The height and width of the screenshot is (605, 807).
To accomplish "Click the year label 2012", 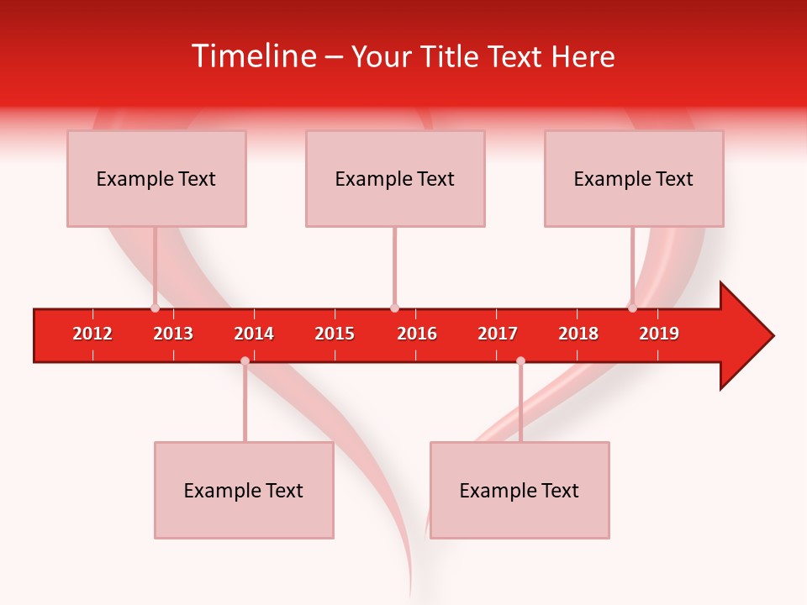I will click(92, 334).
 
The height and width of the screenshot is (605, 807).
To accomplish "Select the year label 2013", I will click(173, 334).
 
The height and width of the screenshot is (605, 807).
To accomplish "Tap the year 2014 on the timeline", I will click(254, 334).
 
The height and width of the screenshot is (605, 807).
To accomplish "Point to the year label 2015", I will click(335, 334).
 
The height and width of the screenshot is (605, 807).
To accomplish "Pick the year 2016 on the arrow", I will click(417, 334).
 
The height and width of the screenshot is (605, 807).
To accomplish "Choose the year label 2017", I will click(498, 334).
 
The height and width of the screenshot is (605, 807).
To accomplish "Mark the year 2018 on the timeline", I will click(578, 334).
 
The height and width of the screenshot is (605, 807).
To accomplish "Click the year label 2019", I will click(659, 334).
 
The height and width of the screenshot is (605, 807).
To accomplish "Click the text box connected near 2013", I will click(156, 179).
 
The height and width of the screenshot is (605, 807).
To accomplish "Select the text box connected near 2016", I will click(395, 179).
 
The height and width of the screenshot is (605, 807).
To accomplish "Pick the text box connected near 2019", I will click(634, 179).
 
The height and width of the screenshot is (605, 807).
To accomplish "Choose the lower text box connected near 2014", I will click(244, 491).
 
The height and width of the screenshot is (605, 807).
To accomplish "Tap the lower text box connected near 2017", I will click(520, 491).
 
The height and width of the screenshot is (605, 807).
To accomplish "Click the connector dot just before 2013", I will click(155, 308).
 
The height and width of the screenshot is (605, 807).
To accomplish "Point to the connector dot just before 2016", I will click(394, 308).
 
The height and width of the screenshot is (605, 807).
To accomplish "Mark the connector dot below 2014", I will click(245, 361).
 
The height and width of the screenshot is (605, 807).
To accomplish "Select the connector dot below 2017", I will click(520, 361).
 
